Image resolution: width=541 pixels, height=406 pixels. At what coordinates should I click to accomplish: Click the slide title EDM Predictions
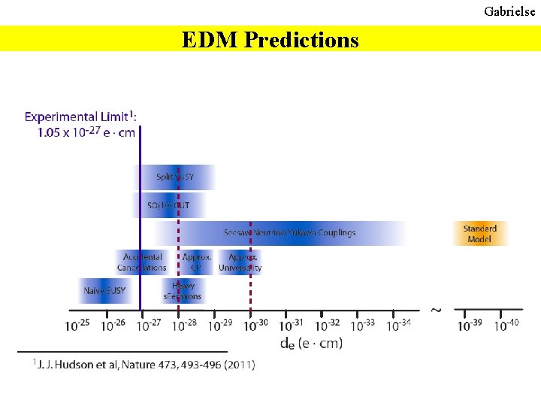[270, 39]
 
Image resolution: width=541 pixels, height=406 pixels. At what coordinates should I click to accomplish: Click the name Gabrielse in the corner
[509, 11]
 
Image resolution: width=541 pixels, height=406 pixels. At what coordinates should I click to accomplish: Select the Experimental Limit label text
[81, 124]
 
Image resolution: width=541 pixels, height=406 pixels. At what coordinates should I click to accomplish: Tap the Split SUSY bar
[174, 177]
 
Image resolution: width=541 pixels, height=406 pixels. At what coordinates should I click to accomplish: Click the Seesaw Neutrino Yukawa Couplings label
[289, 233]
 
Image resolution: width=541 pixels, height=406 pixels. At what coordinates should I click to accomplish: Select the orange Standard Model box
[480, 234]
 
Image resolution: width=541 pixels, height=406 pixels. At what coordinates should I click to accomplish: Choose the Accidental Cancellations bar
[142, 262]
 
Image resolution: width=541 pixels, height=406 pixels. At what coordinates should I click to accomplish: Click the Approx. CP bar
[197, 262]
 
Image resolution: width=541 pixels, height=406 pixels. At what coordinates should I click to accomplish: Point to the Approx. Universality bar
[240, 262]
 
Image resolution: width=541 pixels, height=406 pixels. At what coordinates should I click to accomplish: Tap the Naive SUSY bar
[104, 291]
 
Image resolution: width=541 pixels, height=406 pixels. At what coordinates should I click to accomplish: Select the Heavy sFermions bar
[183, 291]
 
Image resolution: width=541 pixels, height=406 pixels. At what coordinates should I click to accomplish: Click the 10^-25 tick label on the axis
[77, 326]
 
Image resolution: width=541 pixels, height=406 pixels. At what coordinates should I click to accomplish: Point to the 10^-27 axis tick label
[147, 326]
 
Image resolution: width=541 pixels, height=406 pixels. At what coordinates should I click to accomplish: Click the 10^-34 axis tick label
[398, 326]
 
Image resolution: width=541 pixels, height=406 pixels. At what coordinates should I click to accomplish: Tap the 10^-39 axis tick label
[470, 326]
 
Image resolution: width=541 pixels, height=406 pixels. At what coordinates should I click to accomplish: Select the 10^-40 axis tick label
[506, 326]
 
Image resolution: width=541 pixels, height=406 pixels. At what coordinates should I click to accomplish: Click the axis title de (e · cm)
[311, 344]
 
